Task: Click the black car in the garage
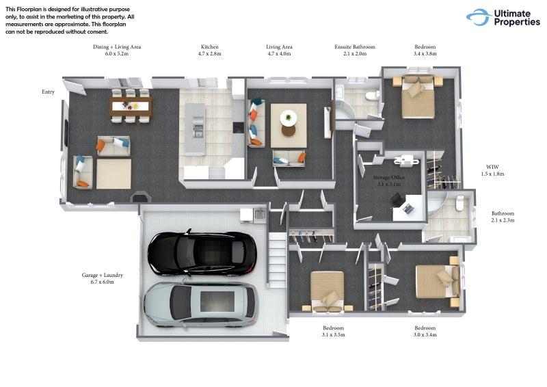[202, 253]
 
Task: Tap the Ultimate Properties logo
[503, 18]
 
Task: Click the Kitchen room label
[210, 46]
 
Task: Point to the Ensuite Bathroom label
[355, 46]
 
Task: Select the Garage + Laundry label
[102, 275]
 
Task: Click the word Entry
[48, 92]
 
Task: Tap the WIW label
[492, 167]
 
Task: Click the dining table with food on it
[131, 106]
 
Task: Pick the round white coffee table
[289, 118]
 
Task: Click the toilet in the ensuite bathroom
[372, 95]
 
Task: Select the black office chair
[397, 200]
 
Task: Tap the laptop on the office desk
[408, 209]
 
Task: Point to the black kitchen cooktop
[239, 127]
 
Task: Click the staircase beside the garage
[278, 261]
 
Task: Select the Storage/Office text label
[389, 177]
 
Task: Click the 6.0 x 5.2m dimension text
[117, 54]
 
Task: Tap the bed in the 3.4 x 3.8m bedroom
[418, 97]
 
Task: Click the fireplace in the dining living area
[140, 198]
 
